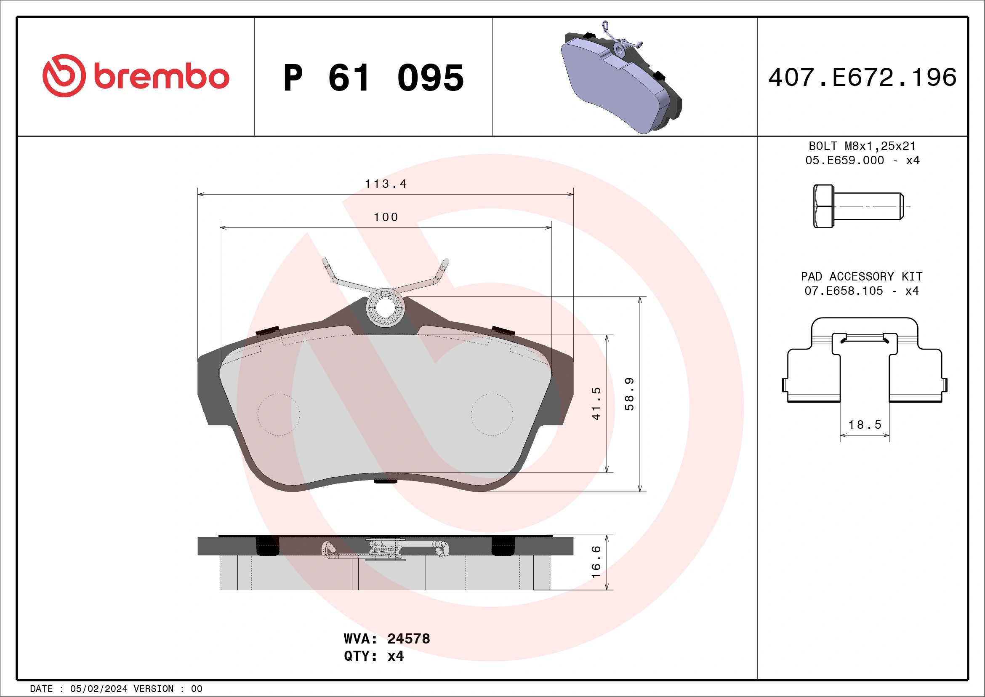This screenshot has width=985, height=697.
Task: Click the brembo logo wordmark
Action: click(x=161, y=76)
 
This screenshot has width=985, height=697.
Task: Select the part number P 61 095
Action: click(x=373, y=78)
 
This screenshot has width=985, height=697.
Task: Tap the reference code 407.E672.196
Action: click(x=863, y=77)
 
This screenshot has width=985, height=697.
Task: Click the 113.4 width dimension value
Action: click(x=385, y=184)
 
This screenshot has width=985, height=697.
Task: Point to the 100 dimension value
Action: click(x=386, y=217)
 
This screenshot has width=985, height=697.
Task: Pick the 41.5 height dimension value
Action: click(x=596, y=403)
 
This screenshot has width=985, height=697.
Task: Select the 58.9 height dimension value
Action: click(x=629, y=394)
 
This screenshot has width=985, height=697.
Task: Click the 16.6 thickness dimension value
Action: click(x=596, y=562)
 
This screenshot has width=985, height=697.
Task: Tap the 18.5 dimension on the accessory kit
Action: click(x=865, y=425)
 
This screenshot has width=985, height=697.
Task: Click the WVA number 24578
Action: click(x=408, y=638)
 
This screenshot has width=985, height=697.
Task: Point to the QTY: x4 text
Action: click(x=373, y=656)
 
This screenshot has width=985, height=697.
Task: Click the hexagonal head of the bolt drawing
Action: click(x=823, y=206)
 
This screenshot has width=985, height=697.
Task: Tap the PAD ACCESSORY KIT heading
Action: click(x=861, y=276)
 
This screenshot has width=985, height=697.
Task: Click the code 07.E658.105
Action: click(x=844, y=291)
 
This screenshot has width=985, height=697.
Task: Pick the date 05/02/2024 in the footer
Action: click(x=98, y=689)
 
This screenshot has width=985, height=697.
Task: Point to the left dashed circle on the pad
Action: click(x=279, y=414)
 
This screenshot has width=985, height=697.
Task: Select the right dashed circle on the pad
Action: click(x=492, y=414)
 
